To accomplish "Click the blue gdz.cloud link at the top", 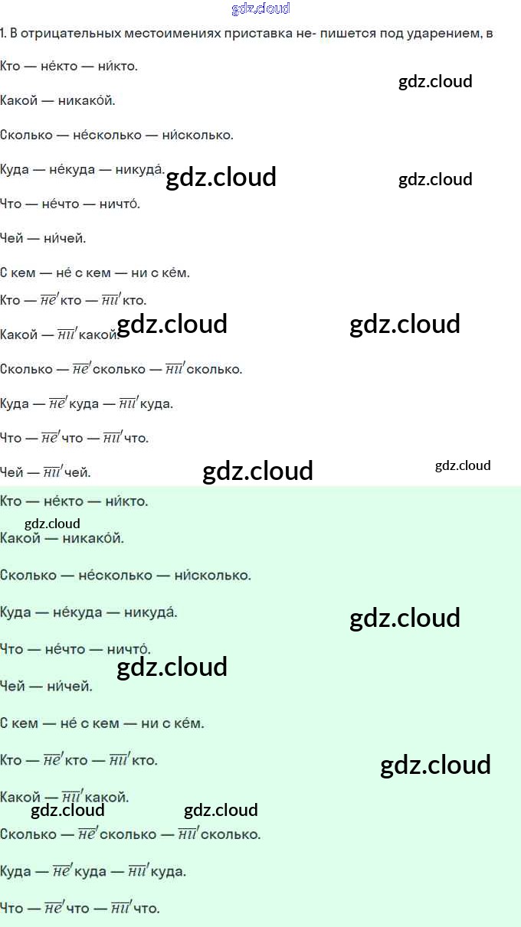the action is point(260,9).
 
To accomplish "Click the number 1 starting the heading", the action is point(3,34).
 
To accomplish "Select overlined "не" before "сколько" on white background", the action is point(80,369).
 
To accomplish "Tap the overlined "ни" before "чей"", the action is point(52,472).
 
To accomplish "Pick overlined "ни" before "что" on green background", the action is point(120,909).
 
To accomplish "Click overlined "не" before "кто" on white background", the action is point(49,300).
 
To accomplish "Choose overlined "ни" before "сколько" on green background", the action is point(188,834).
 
